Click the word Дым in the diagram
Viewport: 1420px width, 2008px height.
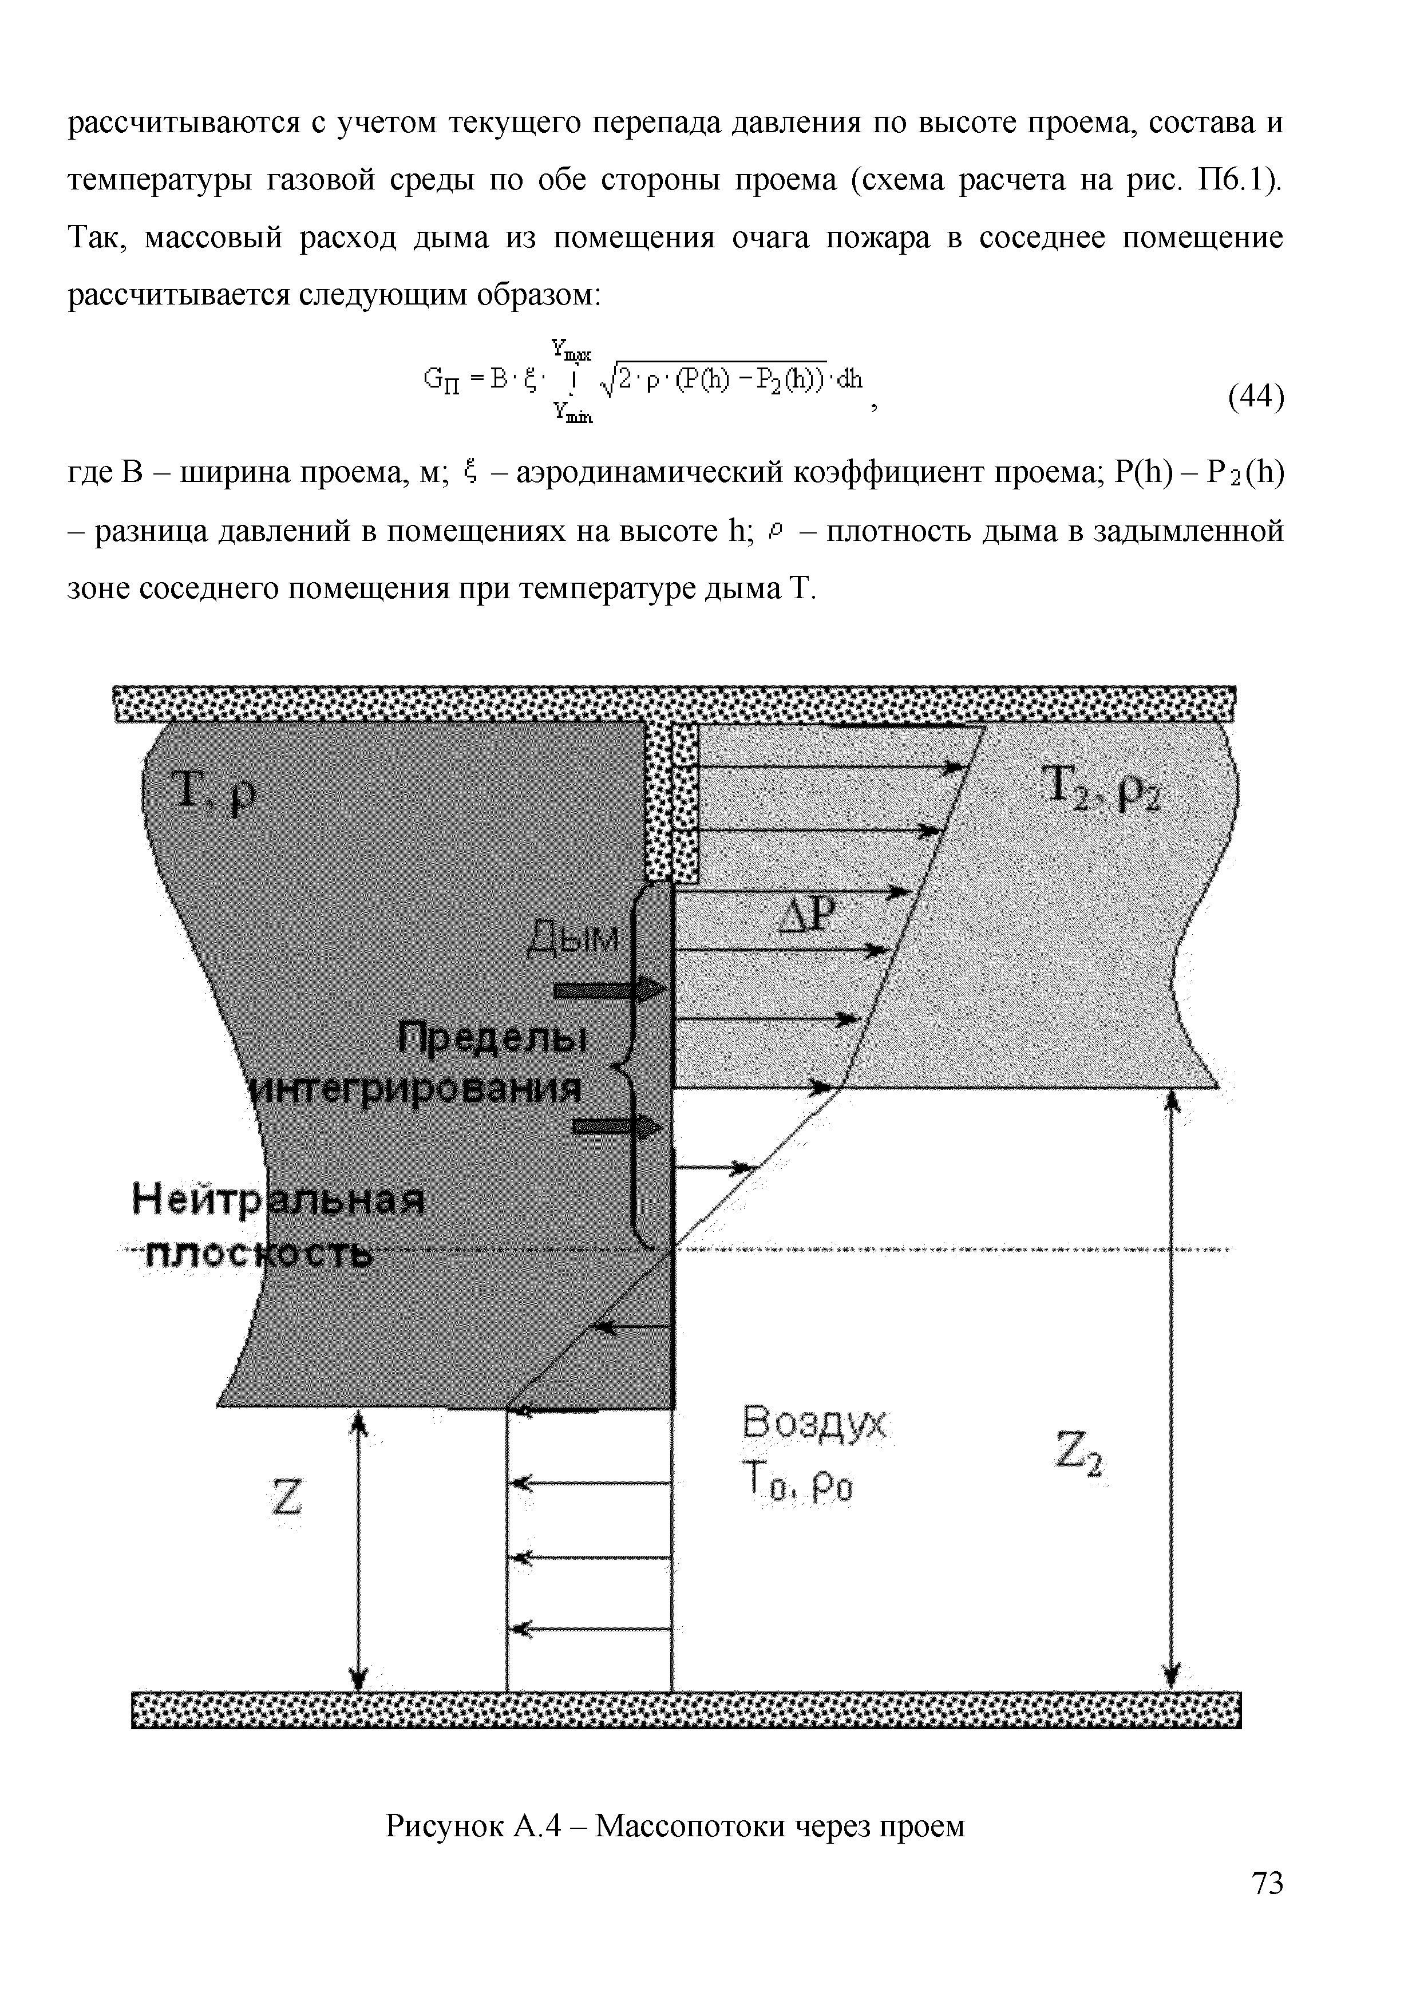click(x=573, y=939)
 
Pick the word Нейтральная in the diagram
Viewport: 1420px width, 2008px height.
click(x=278, y=1200)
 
